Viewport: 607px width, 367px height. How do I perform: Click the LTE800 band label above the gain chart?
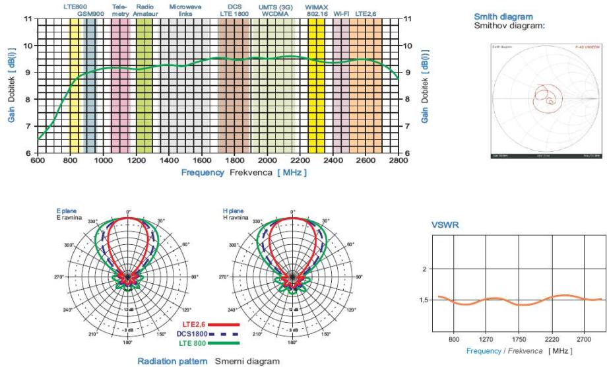pos(74,6)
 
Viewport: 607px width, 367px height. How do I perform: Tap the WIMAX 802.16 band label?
pos(317,10)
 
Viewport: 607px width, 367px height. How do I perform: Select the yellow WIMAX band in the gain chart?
pos(316,86)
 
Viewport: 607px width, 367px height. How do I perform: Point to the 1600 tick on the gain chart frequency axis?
pos(202,161)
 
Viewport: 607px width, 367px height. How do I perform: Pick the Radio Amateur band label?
pos(144,10)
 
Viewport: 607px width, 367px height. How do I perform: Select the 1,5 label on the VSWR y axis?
pos(426,300)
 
